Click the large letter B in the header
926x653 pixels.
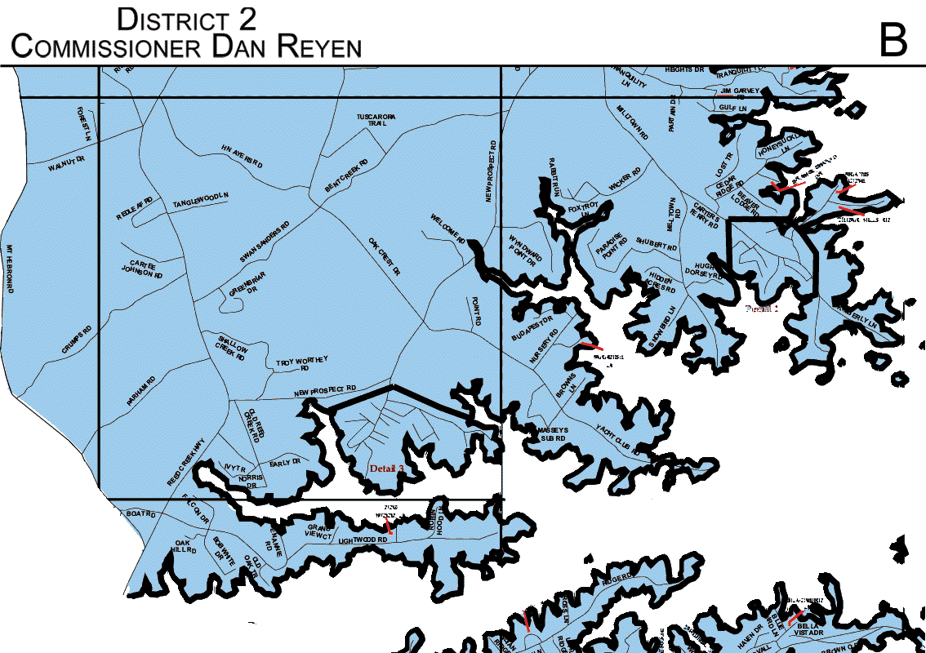893,38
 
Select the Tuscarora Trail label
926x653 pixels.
376,121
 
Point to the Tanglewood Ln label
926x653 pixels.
200,200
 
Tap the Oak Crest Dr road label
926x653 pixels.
383,256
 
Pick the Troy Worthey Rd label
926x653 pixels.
301,363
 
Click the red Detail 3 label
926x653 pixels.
386,469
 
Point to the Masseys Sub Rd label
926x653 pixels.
552,433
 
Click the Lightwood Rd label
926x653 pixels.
362,540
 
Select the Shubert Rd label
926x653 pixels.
657,244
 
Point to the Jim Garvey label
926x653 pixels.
740,91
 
